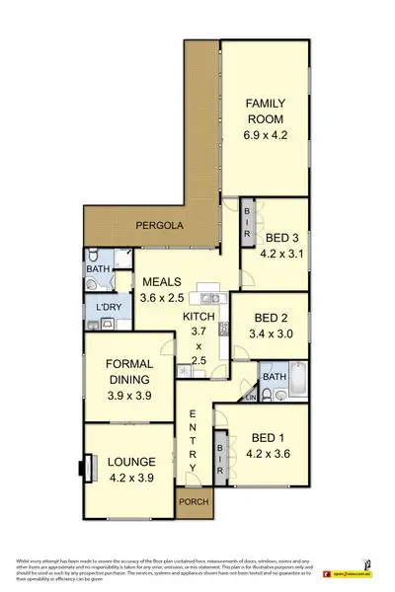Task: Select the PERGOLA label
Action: [160, 225]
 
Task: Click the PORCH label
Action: [193, 507]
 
